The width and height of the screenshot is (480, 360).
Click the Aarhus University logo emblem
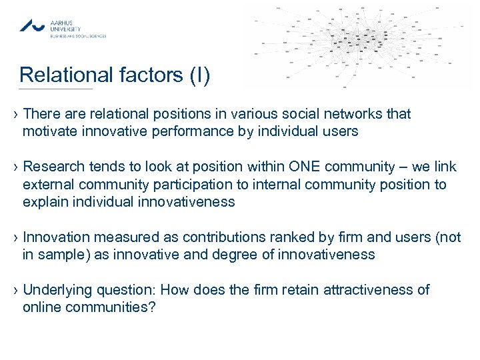(x=32, y=25)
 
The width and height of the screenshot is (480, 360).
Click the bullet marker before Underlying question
(x=14, y=290)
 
